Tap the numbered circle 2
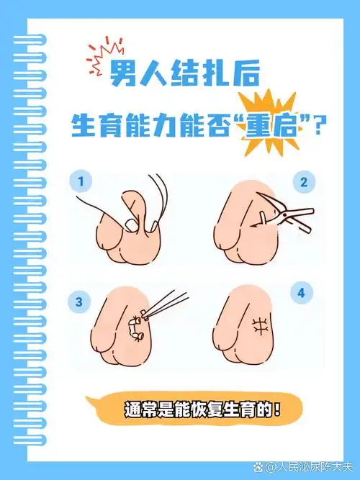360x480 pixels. pyautogui.click(x=303, y=183)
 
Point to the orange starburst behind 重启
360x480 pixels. pyautogui.click(x=267, y=122)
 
